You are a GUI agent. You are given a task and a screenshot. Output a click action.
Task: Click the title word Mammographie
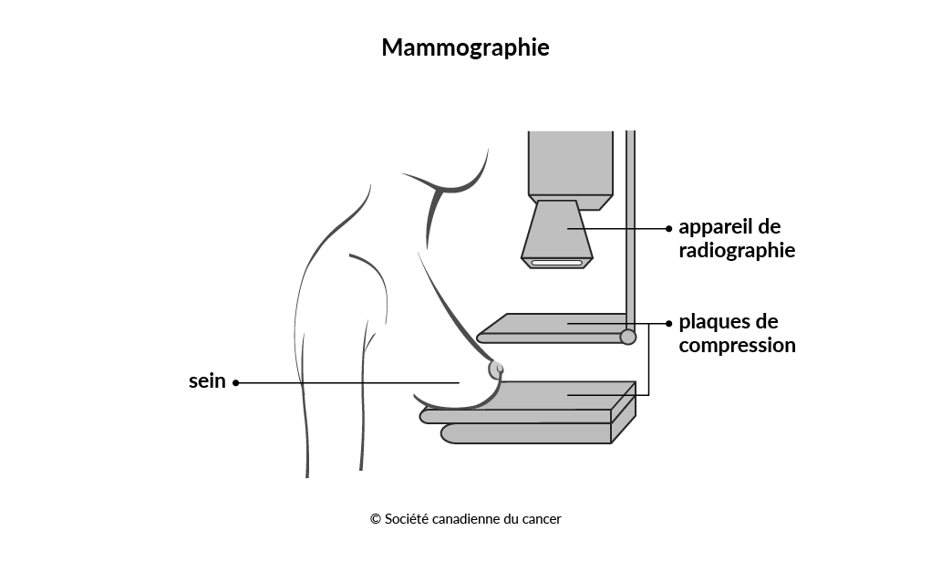point(465,48)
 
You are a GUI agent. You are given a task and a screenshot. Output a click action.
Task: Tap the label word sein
point(207,380)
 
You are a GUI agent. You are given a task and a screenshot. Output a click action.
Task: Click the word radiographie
point(737,251)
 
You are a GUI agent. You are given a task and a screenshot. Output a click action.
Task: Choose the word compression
point(737,346)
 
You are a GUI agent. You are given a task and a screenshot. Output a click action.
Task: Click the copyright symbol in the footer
point(376,519)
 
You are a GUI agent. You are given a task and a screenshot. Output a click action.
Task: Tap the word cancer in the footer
point(542,519)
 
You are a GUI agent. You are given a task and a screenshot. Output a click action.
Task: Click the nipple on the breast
point(496,369)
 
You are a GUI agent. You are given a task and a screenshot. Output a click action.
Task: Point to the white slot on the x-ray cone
point(556,262)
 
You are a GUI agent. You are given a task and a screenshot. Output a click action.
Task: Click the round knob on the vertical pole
point(627,337)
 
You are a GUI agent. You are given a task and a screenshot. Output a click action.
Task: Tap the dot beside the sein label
point(236,382)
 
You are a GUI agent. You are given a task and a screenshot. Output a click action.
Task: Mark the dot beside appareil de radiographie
point(668,228)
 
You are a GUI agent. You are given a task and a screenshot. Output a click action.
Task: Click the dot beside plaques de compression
point(668,323)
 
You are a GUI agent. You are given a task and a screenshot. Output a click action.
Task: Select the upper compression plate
point(553,328)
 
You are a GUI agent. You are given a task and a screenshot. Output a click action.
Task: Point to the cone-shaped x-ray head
point(557,234)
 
